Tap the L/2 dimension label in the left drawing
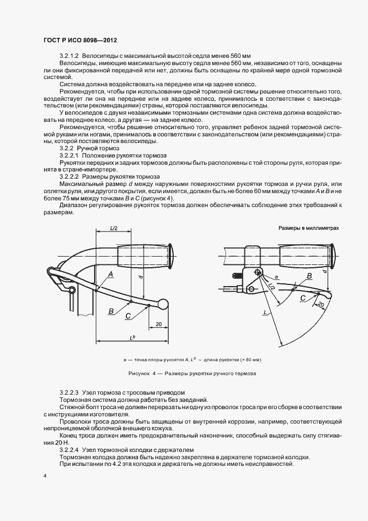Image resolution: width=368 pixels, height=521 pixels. pos(114,228)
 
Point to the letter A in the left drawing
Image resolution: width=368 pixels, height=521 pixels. pos(111,274)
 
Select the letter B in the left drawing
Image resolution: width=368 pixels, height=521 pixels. pos(111,310)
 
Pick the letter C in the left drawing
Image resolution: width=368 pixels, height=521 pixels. pos(128,316)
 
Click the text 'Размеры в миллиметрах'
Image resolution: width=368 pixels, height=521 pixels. pos(308,228)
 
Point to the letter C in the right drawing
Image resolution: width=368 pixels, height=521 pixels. pos(302,298)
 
